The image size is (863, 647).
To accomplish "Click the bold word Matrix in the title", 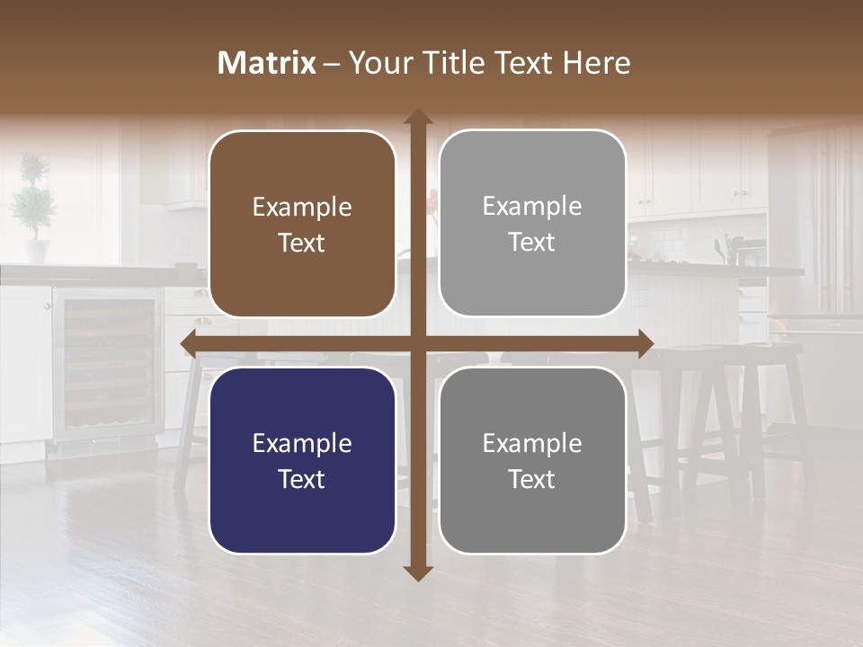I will pyautogui.click(x=267, y=63).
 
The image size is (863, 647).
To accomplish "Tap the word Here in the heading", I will pyautogui.click(x=596, y=63).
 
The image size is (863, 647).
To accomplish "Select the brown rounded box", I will pyautogui.click(x=302, y=224).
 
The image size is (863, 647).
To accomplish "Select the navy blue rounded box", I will pyautogui.click(x=302, y=460).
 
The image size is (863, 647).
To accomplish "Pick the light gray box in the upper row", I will pyautogui.click(x=532, y=223).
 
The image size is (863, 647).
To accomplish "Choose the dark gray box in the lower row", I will pyautogui.click(x=532, y=460).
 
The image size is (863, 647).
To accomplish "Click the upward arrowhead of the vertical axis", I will pyautogui.click(x=418, y=118).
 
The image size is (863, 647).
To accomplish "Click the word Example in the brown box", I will pyautogui.click(x=302, y=208).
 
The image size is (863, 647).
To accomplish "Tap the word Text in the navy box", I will pyautogui.click(x=302, y=479).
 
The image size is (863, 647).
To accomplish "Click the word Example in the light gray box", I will pyautogui.click(x=532, y=207).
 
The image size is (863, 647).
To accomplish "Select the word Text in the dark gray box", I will pyautogui.click(x=532, y=479).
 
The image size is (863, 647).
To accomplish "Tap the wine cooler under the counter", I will pyautogui.click(x=106, y=364).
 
